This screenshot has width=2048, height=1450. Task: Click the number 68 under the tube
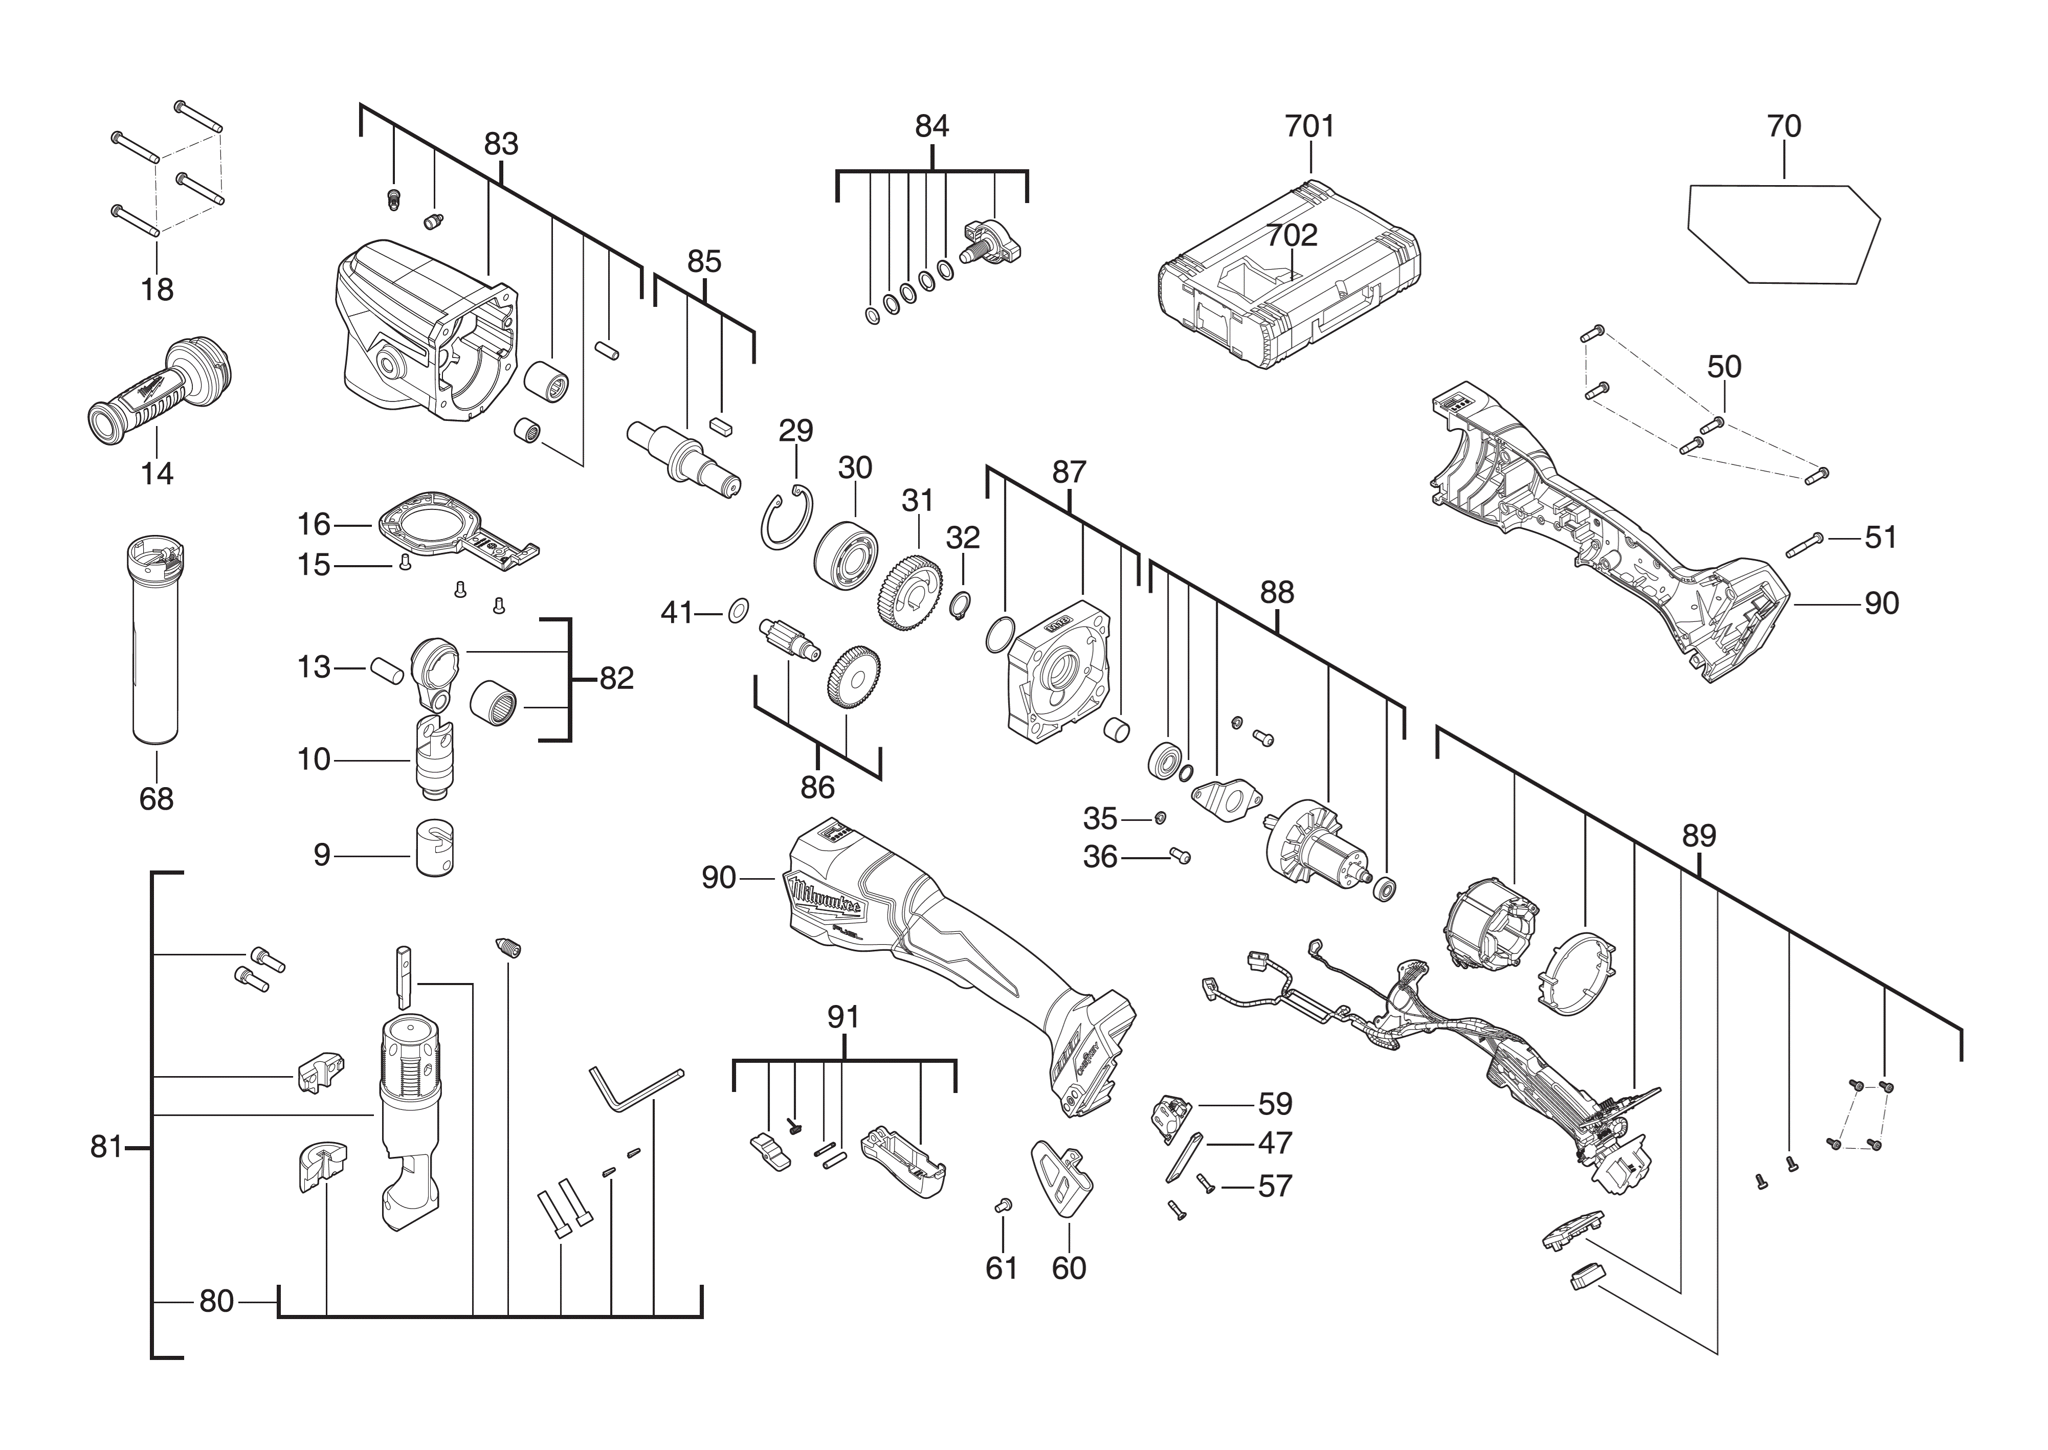click(156, 798)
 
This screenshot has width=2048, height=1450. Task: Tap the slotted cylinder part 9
click(434, 847)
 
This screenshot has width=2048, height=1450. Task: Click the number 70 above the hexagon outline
click(1784, 127)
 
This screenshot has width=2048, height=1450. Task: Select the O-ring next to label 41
click(738, 613)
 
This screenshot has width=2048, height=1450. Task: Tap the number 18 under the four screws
click(157, 289)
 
